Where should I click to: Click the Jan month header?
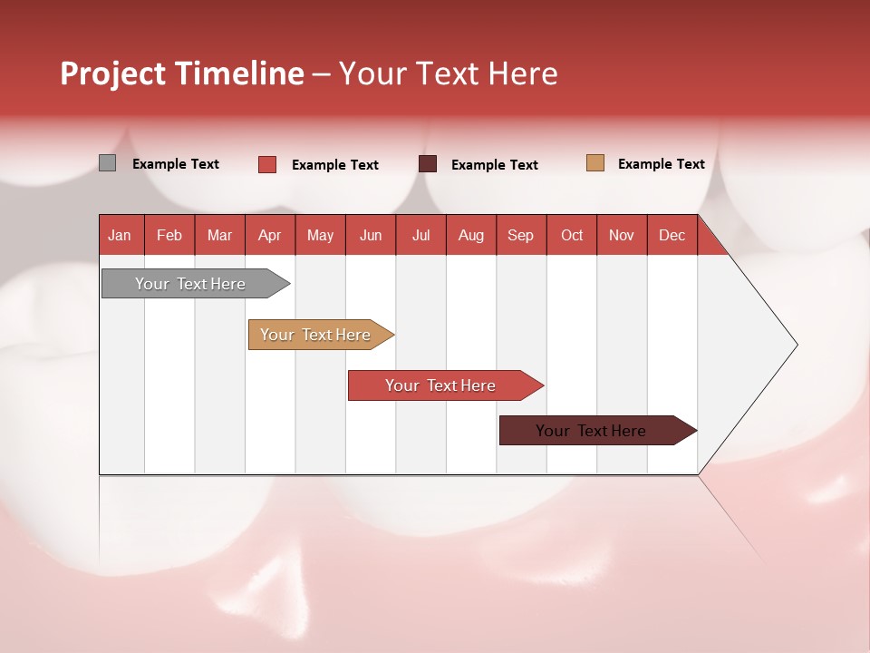pos(121,235)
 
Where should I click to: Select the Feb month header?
pos(169,235)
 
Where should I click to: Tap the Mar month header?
pos(219,235)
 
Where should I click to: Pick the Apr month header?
pos(270,235)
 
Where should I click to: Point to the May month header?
pos(320,235)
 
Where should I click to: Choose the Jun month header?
pos(371,235)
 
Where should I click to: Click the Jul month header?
pos(420,235)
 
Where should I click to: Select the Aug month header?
pos(471,235)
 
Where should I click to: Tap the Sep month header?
pos(521,235)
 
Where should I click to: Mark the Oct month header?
pos(572,235)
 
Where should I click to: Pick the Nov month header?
pos(622,235)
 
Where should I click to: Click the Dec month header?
pos(672,235)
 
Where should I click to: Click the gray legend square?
pos(107,163)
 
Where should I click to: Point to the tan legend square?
pos(594,163)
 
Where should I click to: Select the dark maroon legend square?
pos(428,164)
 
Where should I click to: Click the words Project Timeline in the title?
pos(181,73)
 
